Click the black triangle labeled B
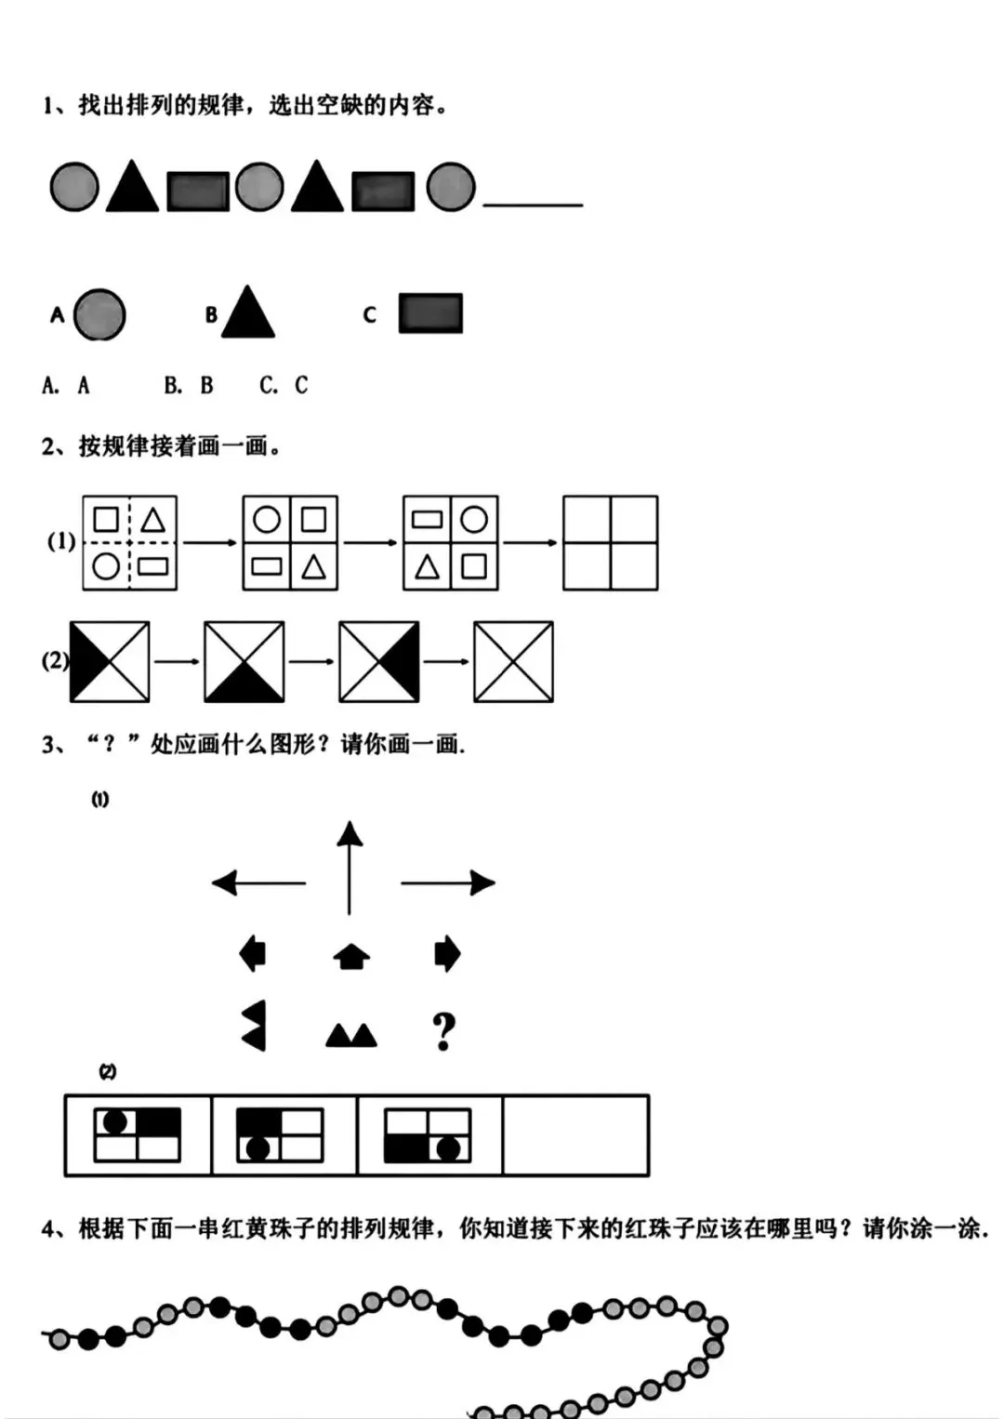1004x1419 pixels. click(x=247, y=314)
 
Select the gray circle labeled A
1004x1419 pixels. click(x=99, y=314)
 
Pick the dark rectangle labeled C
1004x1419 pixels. click(x=430, y=313)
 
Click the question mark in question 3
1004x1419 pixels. click(x=444, y=1031)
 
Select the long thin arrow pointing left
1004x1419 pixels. click(x=258, y=882)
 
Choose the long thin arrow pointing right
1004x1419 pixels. click(x=447, y=882)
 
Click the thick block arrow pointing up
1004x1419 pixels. click(x=351, y=956)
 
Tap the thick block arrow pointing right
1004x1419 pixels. click(x=447, y=954)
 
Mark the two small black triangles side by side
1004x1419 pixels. click(x=351, y=1035)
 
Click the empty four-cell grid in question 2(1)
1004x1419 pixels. click(x=610, y=543)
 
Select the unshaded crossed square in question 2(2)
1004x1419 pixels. click(x=513, y=662)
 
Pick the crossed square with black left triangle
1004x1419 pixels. click(x=110, y=662)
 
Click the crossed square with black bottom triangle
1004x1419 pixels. click(x=244, y=662)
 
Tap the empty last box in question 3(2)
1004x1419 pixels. click(x=575, y=1135)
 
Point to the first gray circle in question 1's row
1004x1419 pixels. click(x=74, y=187)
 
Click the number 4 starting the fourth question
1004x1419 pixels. click(x=48, y=1229)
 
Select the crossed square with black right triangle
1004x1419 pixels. click(x=379, y=662)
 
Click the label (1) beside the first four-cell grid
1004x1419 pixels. click(x=61, y=541)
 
